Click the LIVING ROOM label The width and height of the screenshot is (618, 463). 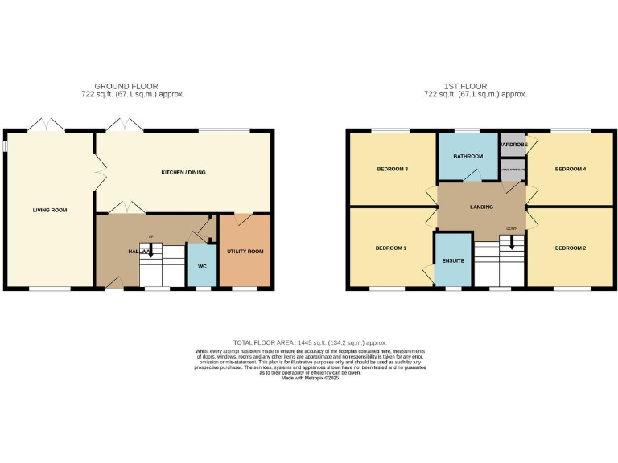[x=50, y=211]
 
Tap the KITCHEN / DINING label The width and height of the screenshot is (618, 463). [x=178, y=173]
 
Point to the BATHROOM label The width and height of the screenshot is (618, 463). [x=468, y=156]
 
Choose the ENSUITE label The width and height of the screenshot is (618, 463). [x=453, y=260]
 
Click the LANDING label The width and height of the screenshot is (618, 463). [x=482, y=207]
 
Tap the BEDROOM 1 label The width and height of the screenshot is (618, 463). [x=391, y=248]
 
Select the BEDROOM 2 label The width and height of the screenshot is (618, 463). [x=570, y=248]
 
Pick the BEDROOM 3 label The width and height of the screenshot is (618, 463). [x=393, y=170]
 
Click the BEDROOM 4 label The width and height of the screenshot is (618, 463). [x=570, y=170]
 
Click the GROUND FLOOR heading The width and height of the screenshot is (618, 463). [x=126, y=86]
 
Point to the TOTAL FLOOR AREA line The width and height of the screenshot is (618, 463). [x=310, y=342]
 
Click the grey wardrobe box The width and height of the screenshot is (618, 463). [x=512, y=145]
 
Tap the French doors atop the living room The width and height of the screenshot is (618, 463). [x=46, y=125]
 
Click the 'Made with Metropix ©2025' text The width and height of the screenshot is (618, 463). [x=310, y=379]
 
